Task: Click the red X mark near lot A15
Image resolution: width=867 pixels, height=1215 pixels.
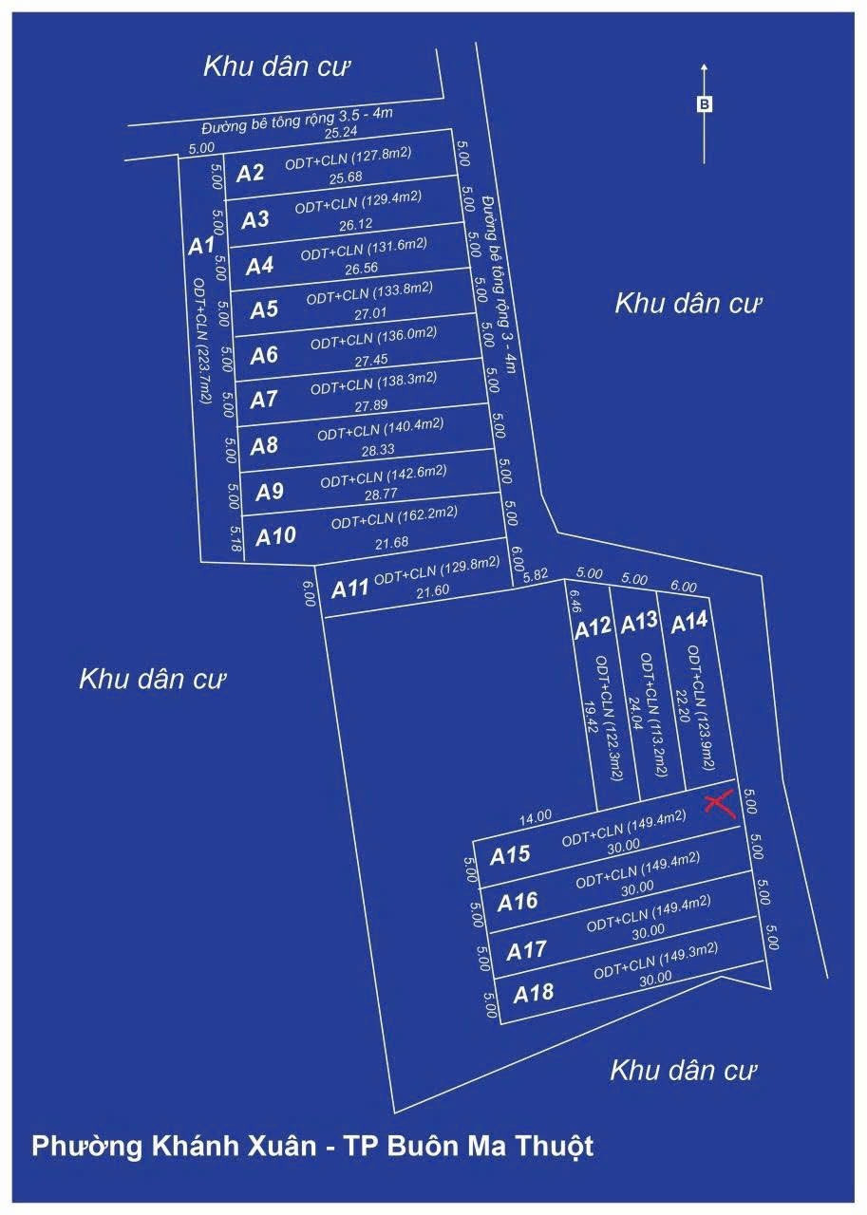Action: point(721,804)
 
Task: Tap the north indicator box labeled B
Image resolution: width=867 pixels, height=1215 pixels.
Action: point(704,104)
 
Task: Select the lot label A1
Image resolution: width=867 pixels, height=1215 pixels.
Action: point(201,246)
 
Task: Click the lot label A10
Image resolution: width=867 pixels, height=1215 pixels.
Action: point(275,536)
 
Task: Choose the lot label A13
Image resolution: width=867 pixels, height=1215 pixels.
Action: point(639,623)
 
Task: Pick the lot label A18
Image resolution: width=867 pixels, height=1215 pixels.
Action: point(534,994)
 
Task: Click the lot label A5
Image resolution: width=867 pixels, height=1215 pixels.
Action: point(264,309)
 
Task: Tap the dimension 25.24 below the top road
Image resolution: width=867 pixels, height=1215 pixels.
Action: point(340,132)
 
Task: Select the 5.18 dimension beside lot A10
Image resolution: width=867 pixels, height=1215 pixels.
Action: point(235,538)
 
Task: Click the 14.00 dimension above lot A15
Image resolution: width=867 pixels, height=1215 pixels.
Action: point(536,817)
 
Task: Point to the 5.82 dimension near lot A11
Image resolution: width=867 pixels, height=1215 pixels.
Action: point(536,575)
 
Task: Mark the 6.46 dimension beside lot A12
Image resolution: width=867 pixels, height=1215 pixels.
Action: point(575,603)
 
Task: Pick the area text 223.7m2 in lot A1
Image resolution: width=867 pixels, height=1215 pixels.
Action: point(203,374)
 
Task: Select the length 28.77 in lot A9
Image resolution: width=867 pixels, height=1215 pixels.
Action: point(381,495)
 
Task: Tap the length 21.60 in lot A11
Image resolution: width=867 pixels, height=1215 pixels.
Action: point(432,591)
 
